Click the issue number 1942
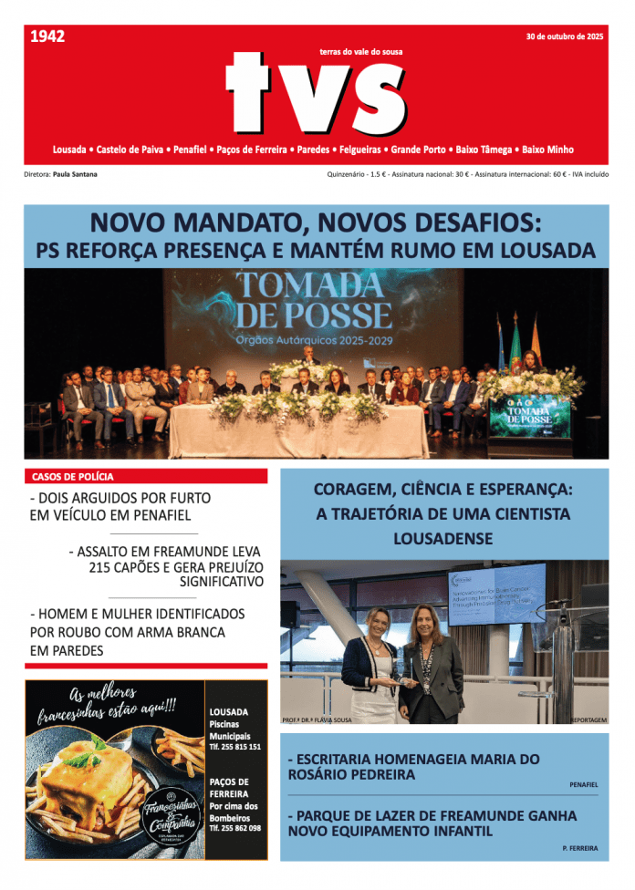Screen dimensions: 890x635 pos(47,36)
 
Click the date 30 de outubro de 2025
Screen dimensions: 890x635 pos(564,36)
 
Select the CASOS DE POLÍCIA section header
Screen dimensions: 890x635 pos(73,476)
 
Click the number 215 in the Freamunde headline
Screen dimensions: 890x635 pos(102,566)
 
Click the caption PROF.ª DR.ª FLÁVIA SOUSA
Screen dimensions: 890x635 pos(317,719)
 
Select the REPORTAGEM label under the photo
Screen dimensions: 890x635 pos(588,719)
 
